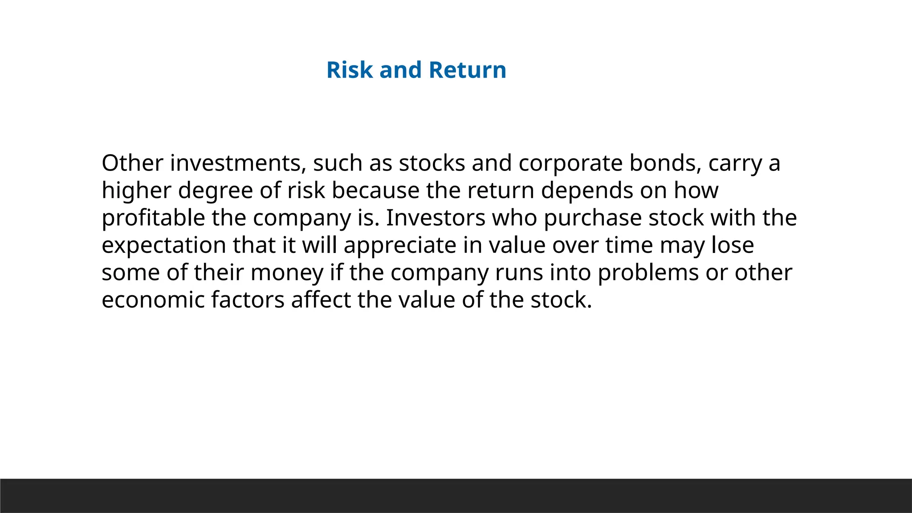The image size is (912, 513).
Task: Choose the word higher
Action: [136, 191]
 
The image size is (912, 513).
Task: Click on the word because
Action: [375, 191]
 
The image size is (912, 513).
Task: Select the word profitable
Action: [153, 218]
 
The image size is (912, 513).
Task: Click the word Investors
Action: [436, 218]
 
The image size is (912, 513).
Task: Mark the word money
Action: [287, 273]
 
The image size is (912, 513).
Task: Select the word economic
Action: [153, 300]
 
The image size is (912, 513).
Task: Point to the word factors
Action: [248, 300]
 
